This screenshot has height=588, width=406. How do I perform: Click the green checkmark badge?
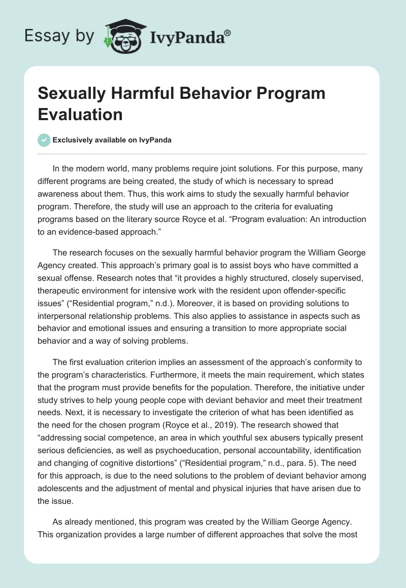point(44,140)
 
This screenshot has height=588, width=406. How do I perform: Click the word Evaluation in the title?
point(80,114)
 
